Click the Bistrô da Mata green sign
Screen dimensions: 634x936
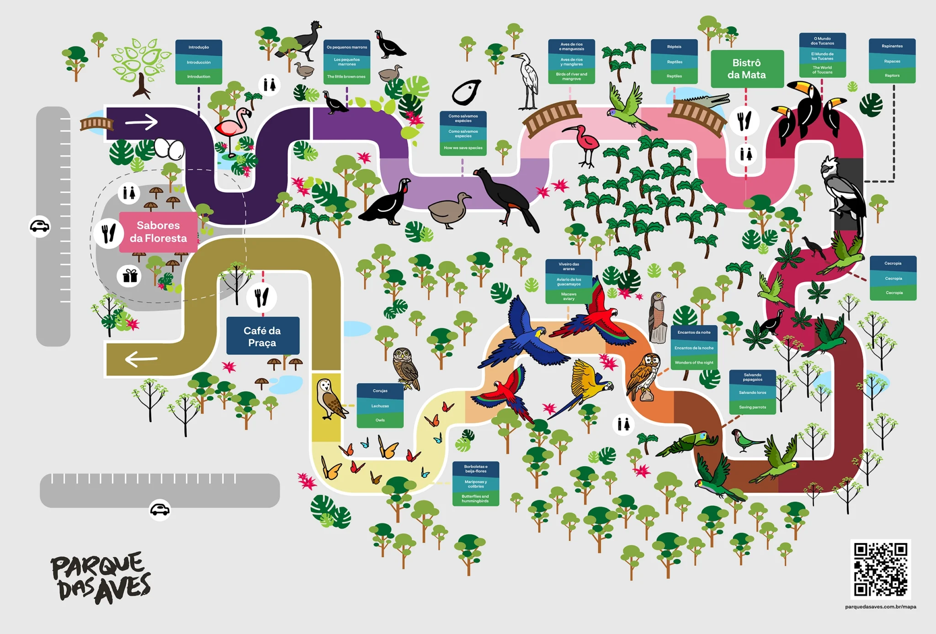pos(747,69)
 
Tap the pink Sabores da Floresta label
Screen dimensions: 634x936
pos(158,232)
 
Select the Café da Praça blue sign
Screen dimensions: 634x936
pos(262,336)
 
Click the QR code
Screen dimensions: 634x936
pos(880,569)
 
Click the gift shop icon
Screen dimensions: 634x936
pos(130,276)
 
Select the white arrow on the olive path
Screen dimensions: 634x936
pos(141,359)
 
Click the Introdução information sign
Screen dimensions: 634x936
pos(199,62)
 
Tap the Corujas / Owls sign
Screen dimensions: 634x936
pos(380,405)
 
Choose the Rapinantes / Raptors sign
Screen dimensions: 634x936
pos(892,61)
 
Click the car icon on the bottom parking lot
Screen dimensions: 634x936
pos(160,509)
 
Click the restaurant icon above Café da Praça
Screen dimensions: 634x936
pos(261,297)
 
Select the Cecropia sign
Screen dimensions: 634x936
pos(893,278)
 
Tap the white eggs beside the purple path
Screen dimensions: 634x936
pos(169,148)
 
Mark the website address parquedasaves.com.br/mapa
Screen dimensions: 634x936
pos(880,607)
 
